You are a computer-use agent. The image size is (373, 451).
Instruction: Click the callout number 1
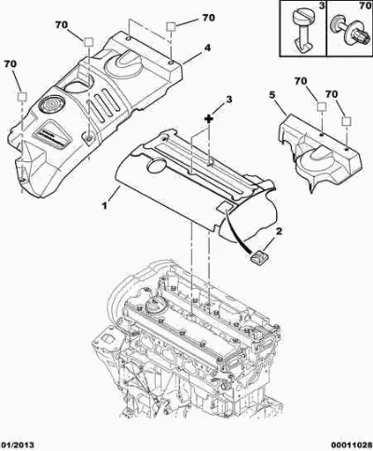coord(104,205)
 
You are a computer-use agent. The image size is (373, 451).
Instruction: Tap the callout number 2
coord(279,231)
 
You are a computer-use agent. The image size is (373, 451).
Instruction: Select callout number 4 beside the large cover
coord(207,48)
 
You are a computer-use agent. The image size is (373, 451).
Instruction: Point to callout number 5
coord(272,95)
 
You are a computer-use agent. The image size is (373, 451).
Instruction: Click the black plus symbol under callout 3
coord(209,118)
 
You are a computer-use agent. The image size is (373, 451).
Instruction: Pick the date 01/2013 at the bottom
coord(17,444)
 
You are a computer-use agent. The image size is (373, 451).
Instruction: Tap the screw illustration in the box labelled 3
coord(302,31)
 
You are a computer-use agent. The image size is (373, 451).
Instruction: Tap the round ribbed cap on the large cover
coord(51,103)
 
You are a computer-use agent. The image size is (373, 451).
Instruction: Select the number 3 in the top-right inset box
coord(321,7)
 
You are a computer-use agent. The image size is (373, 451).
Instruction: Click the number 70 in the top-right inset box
coord(365,7)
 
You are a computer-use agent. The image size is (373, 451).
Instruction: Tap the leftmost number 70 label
coord(10,64)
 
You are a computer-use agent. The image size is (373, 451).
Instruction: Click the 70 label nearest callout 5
coord(300,81)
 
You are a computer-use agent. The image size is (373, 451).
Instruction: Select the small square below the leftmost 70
coord(22,97)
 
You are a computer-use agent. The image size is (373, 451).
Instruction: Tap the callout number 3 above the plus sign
coord(228,100)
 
